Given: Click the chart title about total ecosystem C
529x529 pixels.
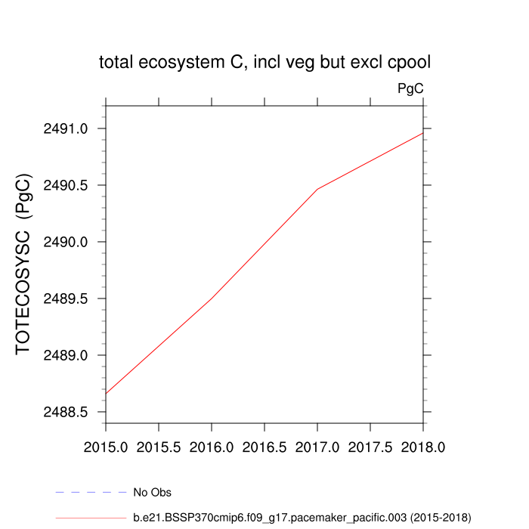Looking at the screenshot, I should (264, 63).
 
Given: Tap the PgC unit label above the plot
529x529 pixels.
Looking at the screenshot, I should (410, 89).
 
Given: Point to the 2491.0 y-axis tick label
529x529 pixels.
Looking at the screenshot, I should (68, 128).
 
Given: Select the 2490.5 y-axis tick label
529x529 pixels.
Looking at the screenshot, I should (68, 185).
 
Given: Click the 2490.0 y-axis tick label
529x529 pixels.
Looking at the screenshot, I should (68, 242).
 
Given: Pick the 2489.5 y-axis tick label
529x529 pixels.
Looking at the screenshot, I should (68, 299).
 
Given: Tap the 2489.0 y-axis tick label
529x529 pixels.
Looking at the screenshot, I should (68, 355).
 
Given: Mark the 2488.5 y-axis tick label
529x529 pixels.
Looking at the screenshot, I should (68, 412).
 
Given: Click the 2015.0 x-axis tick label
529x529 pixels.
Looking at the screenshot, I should (106, 447).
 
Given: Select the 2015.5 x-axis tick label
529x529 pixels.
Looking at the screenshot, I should (159, 447).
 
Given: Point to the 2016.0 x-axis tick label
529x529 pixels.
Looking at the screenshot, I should (212, 447).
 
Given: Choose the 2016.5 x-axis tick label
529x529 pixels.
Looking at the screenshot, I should (264, 447).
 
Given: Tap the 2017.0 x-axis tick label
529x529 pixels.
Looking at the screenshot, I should (317, 447).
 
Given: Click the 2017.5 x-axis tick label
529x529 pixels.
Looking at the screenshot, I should (370, 447).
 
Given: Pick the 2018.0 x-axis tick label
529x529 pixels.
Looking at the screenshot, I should (423, 447).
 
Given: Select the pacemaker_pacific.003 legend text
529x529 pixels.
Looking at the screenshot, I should (302, 518).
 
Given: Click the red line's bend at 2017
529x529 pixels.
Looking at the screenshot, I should (317, 189).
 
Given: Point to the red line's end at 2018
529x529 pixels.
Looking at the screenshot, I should (422, 133).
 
